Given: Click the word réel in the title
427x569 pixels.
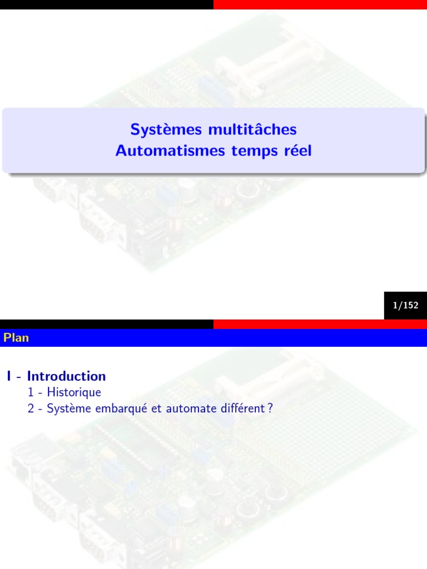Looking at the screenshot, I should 295,151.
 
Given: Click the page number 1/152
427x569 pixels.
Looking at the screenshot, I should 405,305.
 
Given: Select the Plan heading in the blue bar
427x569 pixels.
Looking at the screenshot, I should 16,338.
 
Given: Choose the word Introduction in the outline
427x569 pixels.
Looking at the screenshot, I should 66,376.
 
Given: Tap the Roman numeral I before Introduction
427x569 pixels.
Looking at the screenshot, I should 9,376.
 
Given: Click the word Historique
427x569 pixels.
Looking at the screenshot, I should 74,392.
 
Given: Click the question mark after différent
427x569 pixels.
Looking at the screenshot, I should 270,408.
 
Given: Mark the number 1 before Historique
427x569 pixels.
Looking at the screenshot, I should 31,392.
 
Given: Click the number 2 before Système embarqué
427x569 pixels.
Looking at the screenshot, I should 31,408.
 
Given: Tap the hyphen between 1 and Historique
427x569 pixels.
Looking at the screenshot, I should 40,393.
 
